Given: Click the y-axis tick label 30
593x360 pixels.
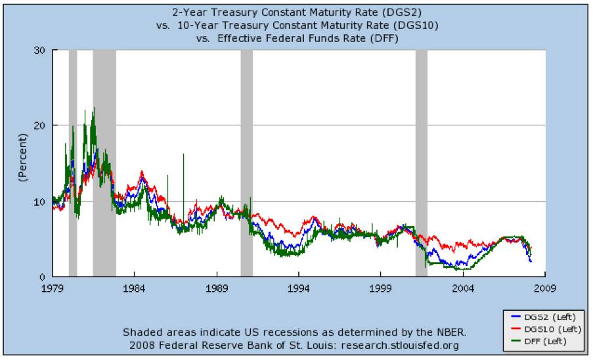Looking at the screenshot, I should pos(41,50).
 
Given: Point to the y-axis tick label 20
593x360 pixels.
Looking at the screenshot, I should pos(41,125).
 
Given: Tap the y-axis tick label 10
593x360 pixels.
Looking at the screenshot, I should pos(41,201).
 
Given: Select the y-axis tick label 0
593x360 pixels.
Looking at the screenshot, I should pos(43,277).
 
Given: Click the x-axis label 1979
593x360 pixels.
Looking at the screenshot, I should pos(52,287).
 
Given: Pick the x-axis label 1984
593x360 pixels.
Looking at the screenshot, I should pos(134,287).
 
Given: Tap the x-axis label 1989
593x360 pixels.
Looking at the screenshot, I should pos(217,287).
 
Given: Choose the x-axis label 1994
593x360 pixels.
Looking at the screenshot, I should pos(299,287).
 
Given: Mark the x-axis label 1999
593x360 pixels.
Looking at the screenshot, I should pos(381,287).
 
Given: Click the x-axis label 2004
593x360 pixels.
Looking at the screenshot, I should pos(464,287).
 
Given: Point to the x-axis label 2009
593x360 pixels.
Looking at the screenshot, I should pos(546,287).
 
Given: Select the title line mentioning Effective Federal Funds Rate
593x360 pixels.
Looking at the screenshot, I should pos(297,39).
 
